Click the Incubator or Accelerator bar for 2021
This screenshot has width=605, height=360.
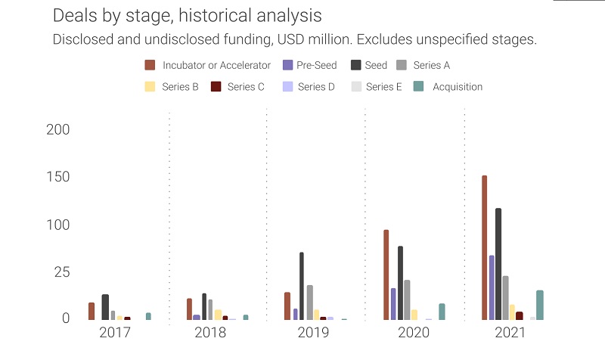click(x=484, y=247)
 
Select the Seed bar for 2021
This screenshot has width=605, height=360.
click(x=498, y=264)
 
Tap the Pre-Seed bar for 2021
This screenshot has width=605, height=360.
click(x=492, y=287)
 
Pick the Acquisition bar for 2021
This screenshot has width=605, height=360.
click(x=539, y=305)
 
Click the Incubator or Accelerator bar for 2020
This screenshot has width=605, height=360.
click(x=386, y=275)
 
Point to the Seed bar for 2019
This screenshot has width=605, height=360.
click(x=302, y=286)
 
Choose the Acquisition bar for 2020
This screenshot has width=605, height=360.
click(x=442, y=312)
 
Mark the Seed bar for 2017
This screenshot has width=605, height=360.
click(x=105, y=307)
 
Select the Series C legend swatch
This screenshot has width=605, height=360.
click(x=216, y=87)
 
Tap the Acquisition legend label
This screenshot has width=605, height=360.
click(x=457, y=87)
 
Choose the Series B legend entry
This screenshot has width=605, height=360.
click(x=172, y=87)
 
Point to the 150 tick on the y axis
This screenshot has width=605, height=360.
click(x=58, y=177)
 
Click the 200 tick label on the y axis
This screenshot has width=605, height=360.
click(x=58, y=129)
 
